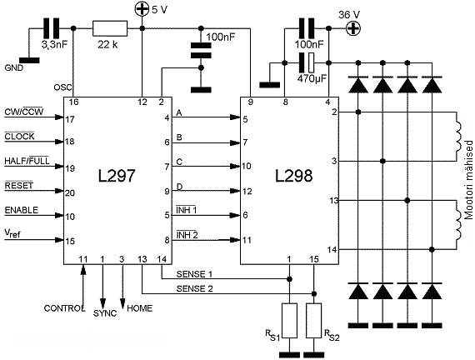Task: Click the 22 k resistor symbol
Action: (110, 28)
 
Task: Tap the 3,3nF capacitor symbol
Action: (52, 28)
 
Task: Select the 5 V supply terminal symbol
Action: (142, 8)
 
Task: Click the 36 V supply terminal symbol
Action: (353, 28)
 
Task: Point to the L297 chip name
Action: (117, 176)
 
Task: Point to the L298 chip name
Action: (293, 176)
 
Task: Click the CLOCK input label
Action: (19, 137)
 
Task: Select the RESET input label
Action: (19, 185)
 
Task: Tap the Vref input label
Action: (12, 233)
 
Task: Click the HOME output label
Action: (140, 308)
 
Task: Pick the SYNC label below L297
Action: (105, 313)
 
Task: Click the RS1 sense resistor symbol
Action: (289, 321)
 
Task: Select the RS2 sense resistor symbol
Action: (314, 321)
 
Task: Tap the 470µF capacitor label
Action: (312, 79)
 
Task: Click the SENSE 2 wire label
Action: (194, 288)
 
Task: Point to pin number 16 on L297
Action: (73, 102)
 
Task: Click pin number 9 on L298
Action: (250, 102)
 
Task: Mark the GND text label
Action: (14, 67)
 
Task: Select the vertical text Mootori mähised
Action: (468, 180)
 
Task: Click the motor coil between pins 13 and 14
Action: (457, 225)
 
